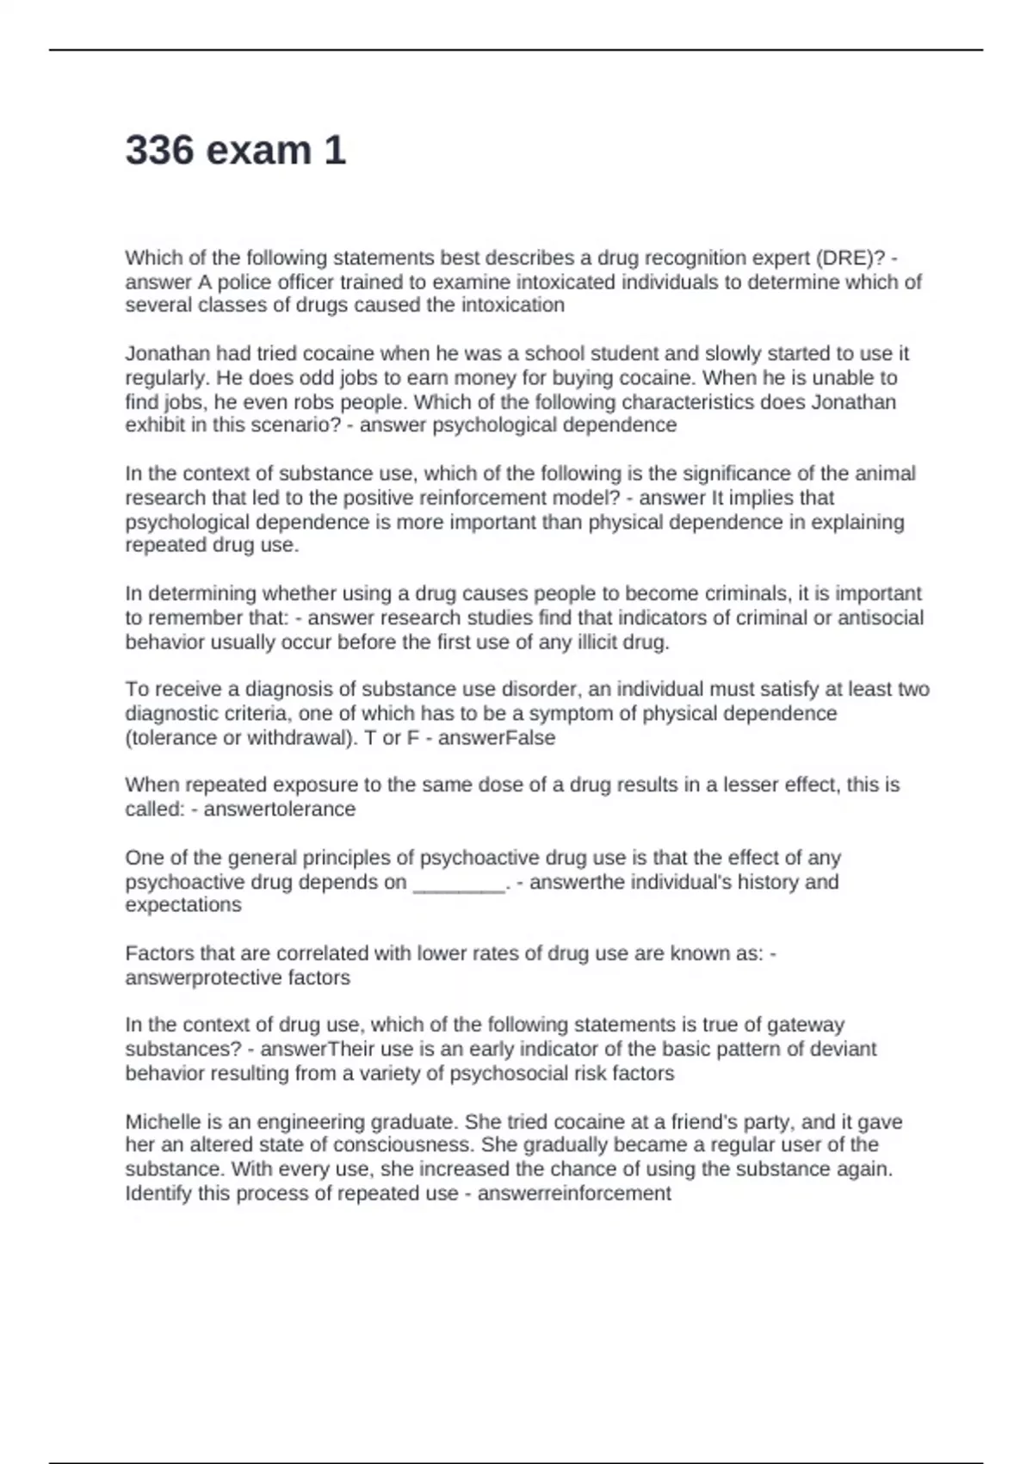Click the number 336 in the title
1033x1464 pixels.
click(x=160, y=151)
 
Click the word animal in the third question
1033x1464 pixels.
click(x=888, y=474)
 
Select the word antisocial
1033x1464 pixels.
click(x=881, y=617)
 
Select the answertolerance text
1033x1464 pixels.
click(x=279, y=810)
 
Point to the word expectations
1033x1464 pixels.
click(x=183, y=905)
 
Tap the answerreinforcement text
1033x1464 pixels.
click(x=573, y=1194)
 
